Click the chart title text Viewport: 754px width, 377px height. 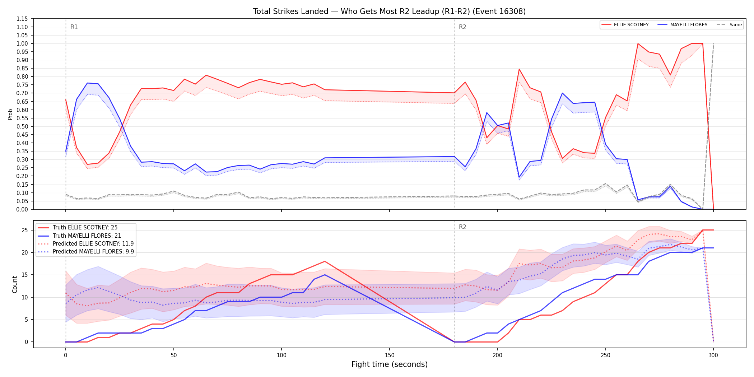click(389, 11)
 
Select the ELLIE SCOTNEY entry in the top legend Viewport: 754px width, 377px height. click(625, 25)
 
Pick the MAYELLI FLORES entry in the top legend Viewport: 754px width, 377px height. click(683, 25)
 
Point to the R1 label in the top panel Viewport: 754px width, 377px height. click(74, 27)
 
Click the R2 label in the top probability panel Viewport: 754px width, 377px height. click(462, 27)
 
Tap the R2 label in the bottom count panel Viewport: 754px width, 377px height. click(462, 227)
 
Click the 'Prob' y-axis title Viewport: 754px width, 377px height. click(10, 114)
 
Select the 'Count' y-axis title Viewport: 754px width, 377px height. click(15, 284)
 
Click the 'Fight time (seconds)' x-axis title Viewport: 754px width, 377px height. click(390, 364)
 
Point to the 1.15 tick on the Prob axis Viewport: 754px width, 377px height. click(22, 19)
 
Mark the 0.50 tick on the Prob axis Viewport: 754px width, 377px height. click(22, 126)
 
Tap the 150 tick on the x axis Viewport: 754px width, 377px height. click(390, 355)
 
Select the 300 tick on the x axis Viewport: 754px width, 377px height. click(713, 355)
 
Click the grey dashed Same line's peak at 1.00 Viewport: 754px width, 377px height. click(713, 43)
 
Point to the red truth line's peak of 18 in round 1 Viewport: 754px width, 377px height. click(325, 261)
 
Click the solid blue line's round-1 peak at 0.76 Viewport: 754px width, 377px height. click(87, 83)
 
